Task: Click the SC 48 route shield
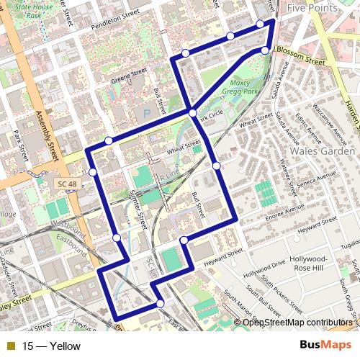[x=65, y=184]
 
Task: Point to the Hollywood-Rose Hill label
[x=310, y=264]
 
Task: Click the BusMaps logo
[x=325, y=346]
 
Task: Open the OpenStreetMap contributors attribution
[x=297, y=322]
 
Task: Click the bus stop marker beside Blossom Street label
[x=265, y=50]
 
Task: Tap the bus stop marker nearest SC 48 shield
[x=93, y=172]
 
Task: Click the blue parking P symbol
[x=148, y=113]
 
